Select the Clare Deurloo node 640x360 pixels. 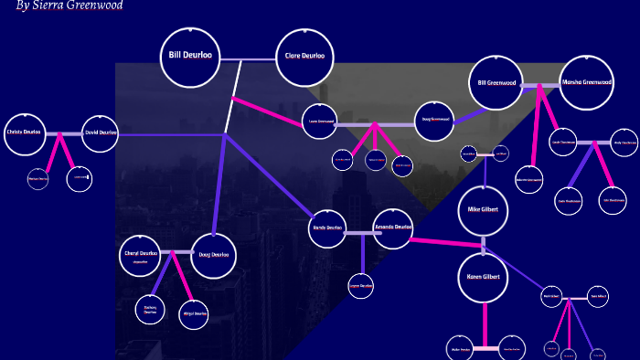(x=305, y=58)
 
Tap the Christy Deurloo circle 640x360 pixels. (x=25, y=132)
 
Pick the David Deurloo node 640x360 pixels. (x=100, y=133)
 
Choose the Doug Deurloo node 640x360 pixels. (x=214, y=256)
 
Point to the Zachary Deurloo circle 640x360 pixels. (x=151, y=311)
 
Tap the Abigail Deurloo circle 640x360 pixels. (x=195, y=314)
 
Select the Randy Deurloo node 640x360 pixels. (x=326, y=228)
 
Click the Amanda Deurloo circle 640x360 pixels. (x=393, y=228)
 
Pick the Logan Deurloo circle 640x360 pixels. (x=361, y=287)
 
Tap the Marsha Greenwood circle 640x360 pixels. (x=586, y=84)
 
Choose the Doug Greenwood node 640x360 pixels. (x=434, y=120)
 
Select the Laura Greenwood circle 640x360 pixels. (x=320, y=122)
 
